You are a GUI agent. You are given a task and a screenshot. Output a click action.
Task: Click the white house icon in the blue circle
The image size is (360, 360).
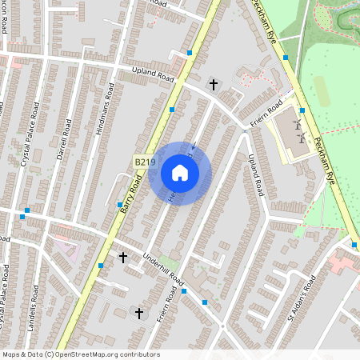pyautogui.click(x=180, y=173)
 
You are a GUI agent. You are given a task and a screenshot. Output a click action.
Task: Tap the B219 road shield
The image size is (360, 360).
pyautogui.click(x=144, y=162)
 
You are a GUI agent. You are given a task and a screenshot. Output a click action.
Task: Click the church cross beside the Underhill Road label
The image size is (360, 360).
pyautogui.click(x=123, y=257)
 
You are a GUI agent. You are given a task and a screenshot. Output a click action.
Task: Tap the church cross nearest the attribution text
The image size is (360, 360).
pyautogui.click(x=139, y=313)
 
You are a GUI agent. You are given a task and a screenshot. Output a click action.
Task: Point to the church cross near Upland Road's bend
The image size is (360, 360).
pyautogui.click(x=213, y=83)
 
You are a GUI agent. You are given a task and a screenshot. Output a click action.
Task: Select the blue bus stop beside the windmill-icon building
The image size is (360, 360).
pyautogui.click(x=302, y=111)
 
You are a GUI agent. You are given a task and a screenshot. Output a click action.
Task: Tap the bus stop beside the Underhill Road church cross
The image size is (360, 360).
pyautogui.click(x=101, y=265)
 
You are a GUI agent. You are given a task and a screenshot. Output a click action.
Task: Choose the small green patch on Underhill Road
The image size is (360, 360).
pyautogui.click(x=168, y=261)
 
